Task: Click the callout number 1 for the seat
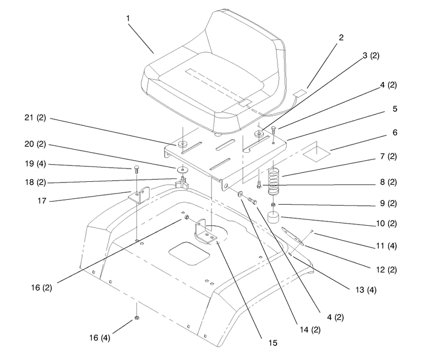click(128, 19)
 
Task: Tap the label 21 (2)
click(35, 118)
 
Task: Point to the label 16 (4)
click(99, 338)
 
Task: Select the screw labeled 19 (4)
click(136, 170)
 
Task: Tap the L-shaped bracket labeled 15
click(205, 232)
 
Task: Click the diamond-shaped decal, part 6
click(317, 154)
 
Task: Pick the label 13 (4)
click(366, 290)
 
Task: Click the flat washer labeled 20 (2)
click(182, 170)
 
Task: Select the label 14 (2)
click(310, 329)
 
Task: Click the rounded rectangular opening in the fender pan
click(189, 253)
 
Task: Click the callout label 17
click(42, 201)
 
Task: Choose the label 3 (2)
click(371, 56)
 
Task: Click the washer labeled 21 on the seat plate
click(183, 143)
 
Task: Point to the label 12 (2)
click(387, 270)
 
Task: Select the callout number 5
click(394, 109)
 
